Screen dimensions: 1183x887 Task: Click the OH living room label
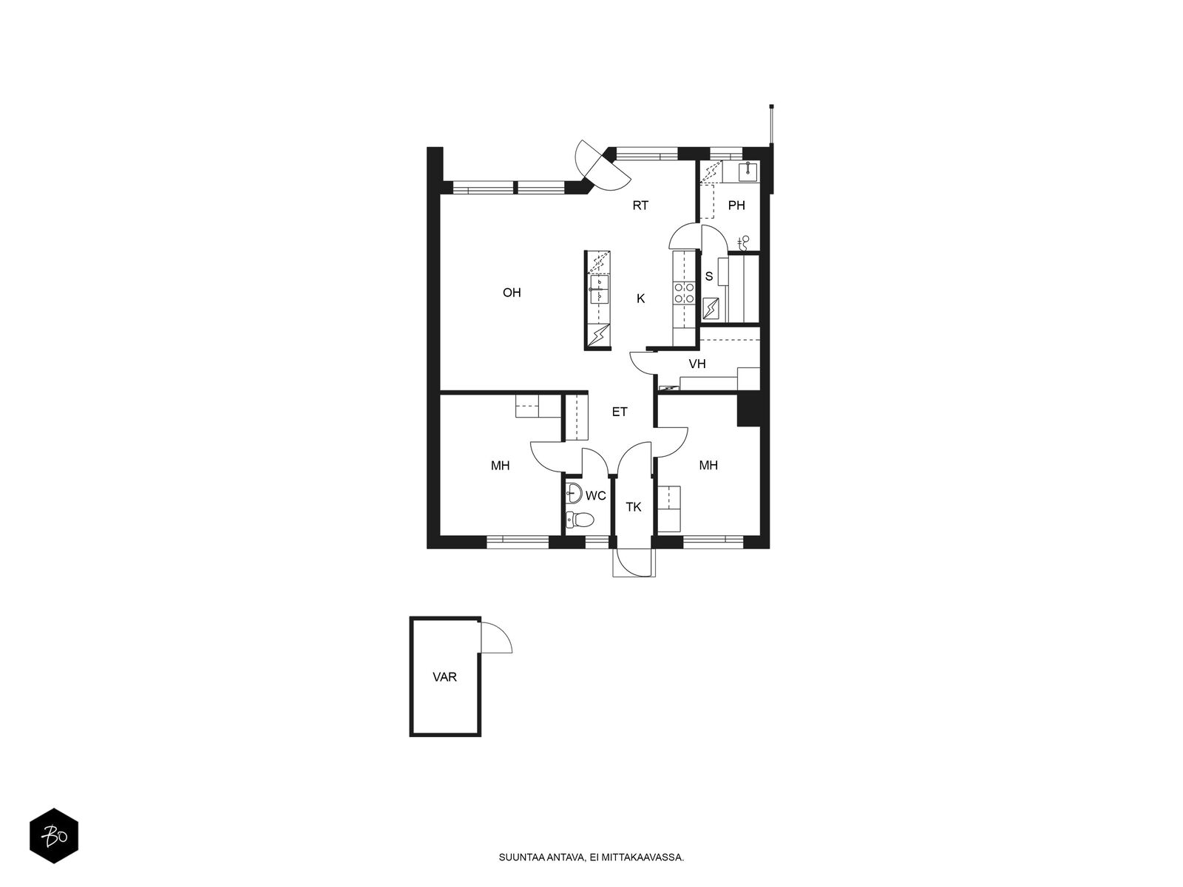point(512,293)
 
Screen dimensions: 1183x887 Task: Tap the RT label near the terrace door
point(640,205)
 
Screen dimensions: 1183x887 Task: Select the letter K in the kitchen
point(640,299)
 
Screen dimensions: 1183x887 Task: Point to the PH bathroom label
point(736,205)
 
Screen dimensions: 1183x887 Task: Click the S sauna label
point(709,276)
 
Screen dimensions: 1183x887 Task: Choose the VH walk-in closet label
point(697,364)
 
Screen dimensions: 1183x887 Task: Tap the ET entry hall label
point(620,412)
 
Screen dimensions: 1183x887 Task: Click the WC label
point(595,495)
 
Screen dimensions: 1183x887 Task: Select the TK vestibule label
point(633,507)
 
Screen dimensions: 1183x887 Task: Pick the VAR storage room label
point(444,677)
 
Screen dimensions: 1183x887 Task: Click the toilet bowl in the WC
point(580,520)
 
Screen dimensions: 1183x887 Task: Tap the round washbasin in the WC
point(574,493)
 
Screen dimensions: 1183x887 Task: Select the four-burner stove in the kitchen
point(684,293)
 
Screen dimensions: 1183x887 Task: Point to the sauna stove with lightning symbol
point(711,308)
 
